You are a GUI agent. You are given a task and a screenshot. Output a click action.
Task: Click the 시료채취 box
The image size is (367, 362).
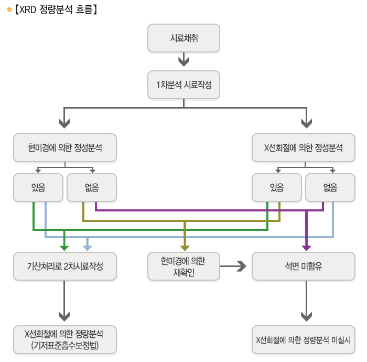(183, 38)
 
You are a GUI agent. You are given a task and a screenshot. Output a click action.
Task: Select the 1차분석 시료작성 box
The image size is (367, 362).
(183, 85)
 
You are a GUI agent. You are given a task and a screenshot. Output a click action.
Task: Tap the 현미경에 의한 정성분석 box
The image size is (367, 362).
(65, 148)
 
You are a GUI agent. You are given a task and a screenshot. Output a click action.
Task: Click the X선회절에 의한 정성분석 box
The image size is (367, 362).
(304, 148)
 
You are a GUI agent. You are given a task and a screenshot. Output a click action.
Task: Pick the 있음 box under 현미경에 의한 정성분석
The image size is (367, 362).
(38, 187)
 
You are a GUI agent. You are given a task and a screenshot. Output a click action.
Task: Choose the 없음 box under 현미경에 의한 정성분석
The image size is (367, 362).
(92, 187)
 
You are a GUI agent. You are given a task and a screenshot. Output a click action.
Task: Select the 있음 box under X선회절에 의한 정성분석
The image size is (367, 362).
(276, 187)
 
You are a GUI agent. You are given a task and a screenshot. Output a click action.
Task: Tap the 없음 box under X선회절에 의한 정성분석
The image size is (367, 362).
(330, 187)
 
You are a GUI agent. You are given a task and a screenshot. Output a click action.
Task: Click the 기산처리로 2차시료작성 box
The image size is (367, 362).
(65, 266)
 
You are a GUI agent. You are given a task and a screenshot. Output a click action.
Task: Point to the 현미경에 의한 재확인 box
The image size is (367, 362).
(183, 266)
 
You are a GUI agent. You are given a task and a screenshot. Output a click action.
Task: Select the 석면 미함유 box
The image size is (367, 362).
(304, 266)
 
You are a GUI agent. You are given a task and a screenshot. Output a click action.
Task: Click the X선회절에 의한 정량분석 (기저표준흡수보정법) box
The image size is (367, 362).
(65, 339)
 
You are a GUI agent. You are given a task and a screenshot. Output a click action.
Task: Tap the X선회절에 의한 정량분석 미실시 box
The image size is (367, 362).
(304, 339)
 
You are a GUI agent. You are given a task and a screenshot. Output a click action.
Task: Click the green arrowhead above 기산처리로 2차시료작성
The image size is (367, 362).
(64, 247)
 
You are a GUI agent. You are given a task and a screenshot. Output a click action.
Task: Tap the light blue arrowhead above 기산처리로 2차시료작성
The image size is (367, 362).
(87, 247)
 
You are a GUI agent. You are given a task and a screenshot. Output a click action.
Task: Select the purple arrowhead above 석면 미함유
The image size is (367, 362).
(307, 247)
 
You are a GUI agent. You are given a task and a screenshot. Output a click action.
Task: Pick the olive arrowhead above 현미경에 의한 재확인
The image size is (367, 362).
(185, 247)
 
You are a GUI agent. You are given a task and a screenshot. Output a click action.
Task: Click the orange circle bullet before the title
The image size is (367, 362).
(9, 9)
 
